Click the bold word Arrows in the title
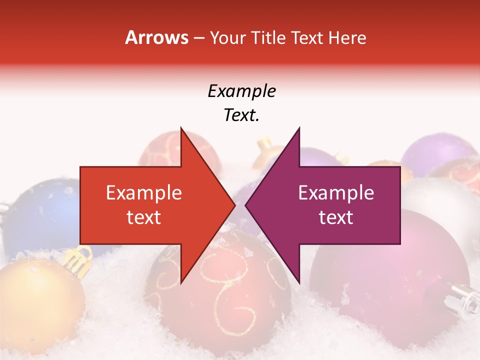pos(156,37)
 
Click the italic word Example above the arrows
pos(241,91)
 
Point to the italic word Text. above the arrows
pos(241,115)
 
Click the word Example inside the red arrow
pos(144,193)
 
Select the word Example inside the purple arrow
pos(336,193)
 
